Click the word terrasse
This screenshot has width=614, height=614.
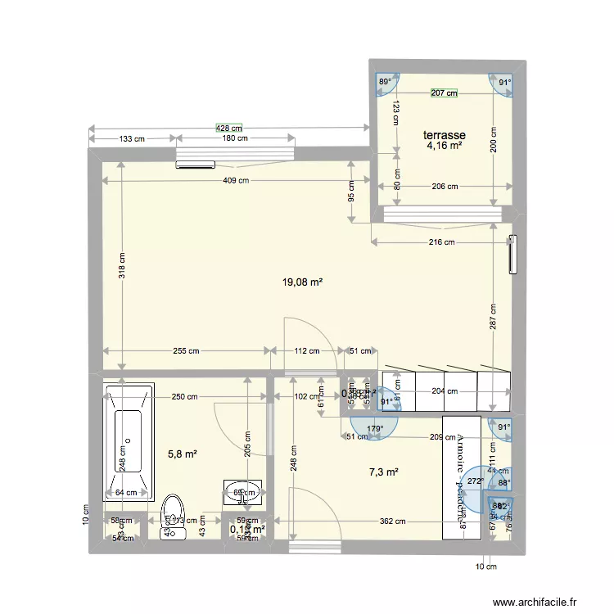tap(445, 135)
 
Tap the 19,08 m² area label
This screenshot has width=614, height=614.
tap(302, 282)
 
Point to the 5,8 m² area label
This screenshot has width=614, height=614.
tap(182, 453)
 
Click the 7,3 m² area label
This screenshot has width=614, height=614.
tap(383, 472)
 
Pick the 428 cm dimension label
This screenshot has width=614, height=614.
tap(229, 128)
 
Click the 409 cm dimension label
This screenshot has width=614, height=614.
tap(234, 182)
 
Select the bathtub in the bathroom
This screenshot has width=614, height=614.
tap(129, 443)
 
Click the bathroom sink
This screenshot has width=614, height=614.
tap(242, 491)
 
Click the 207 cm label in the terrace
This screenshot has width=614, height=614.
tap(444, 93)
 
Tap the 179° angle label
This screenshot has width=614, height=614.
tap(375, 428)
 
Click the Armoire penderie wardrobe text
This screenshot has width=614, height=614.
tap(458, 484)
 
